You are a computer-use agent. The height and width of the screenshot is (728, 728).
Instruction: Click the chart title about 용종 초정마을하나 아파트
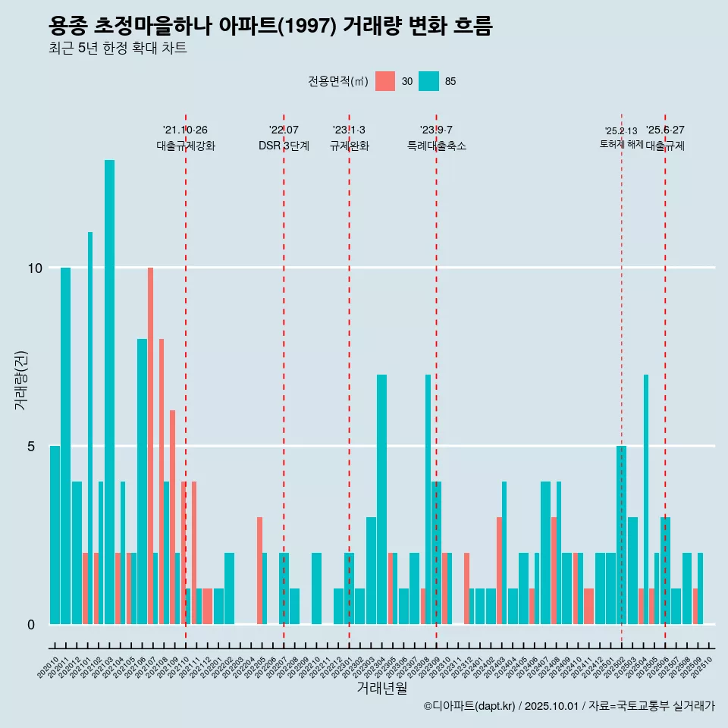[270, 27]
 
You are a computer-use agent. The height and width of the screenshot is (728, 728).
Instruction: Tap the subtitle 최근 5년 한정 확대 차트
[118, 49]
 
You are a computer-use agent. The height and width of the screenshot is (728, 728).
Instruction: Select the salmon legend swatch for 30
[385, 81]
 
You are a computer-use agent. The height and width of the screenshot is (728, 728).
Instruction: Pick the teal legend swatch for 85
[429, 81]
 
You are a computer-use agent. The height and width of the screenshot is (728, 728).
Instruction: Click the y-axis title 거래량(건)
[20, 379]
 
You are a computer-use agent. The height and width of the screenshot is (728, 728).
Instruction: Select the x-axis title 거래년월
[381, 689]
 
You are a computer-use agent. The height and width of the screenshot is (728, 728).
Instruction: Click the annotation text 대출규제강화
[186, 146]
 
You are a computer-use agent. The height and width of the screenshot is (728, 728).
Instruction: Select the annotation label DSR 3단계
[284, 146]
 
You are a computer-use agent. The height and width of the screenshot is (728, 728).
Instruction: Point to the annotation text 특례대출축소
[436, 146]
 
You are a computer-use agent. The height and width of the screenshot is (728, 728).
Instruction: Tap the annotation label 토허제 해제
[621, 144]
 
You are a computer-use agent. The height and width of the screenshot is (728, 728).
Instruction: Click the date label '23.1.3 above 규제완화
[349, 130]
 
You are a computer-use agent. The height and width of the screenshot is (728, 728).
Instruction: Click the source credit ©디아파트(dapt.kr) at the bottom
[470, 706]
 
